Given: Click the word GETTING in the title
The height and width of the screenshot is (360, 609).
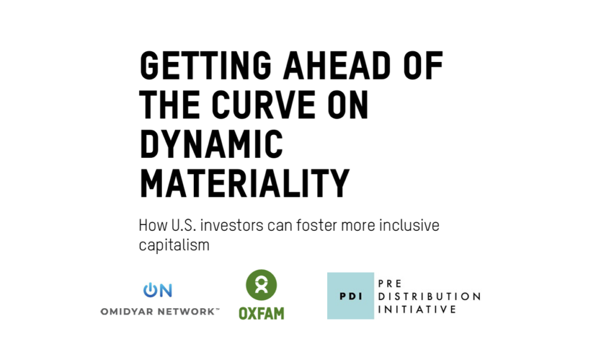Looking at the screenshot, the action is (205, 65).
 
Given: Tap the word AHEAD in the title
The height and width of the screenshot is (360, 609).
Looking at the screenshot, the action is (337, 65).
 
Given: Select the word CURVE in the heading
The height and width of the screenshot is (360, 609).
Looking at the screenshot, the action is (263, 105).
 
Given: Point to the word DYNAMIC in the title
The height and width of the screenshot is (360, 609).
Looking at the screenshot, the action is (211, 144).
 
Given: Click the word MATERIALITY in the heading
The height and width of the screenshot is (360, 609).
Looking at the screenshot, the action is (244, 183).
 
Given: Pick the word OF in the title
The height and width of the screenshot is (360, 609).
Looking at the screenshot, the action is (423, 65).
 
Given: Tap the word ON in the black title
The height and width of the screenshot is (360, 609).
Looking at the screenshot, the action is (348, 105).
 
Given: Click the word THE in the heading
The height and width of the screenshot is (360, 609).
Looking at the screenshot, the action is (169, 105).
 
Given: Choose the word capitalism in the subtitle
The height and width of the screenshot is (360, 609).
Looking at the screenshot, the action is (174, 245).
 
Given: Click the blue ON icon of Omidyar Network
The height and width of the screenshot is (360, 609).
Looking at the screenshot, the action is (158, 290).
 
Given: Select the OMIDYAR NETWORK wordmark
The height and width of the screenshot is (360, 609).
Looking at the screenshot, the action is (160, 311).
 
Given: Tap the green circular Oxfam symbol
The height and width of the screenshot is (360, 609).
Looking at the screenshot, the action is (262, 285).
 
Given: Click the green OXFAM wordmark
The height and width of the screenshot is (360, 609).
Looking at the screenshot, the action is (262, 314).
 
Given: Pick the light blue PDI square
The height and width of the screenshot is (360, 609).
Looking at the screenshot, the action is (351, 296).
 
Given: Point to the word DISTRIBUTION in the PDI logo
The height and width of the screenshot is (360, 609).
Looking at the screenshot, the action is (429, 296).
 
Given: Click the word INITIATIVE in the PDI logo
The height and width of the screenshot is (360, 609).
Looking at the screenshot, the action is (417, 309).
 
